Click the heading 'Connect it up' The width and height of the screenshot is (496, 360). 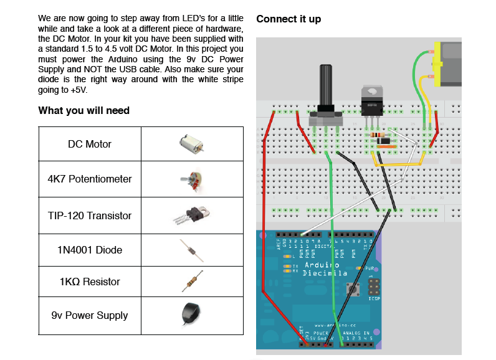[x=289, y=19]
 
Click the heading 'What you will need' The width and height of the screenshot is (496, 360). [x=84, y=111]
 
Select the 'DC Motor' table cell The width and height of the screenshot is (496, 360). [x=90, y=144]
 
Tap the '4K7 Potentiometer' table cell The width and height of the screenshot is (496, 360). [x=90, y=179]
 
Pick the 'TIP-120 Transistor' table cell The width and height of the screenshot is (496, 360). [x=90, y=216]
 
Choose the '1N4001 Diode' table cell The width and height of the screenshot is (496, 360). [x=90, y=250]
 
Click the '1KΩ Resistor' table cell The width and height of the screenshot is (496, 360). [x=90, y=282]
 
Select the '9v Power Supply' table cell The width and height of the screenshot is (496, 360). [x=90, y=315]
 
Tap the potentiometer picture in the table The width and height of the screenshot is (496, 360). [x=191, y=179]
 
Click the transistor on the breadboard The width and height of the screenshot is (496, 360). [x=373, y=100]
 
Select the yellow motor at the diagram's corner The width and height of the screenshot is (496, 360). [x=449, y=64]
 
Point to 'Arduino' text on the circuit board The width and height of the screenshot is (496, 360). [x=320, y=266]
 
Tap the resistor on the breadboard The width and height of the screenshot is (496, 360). [x=376, y=135]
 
